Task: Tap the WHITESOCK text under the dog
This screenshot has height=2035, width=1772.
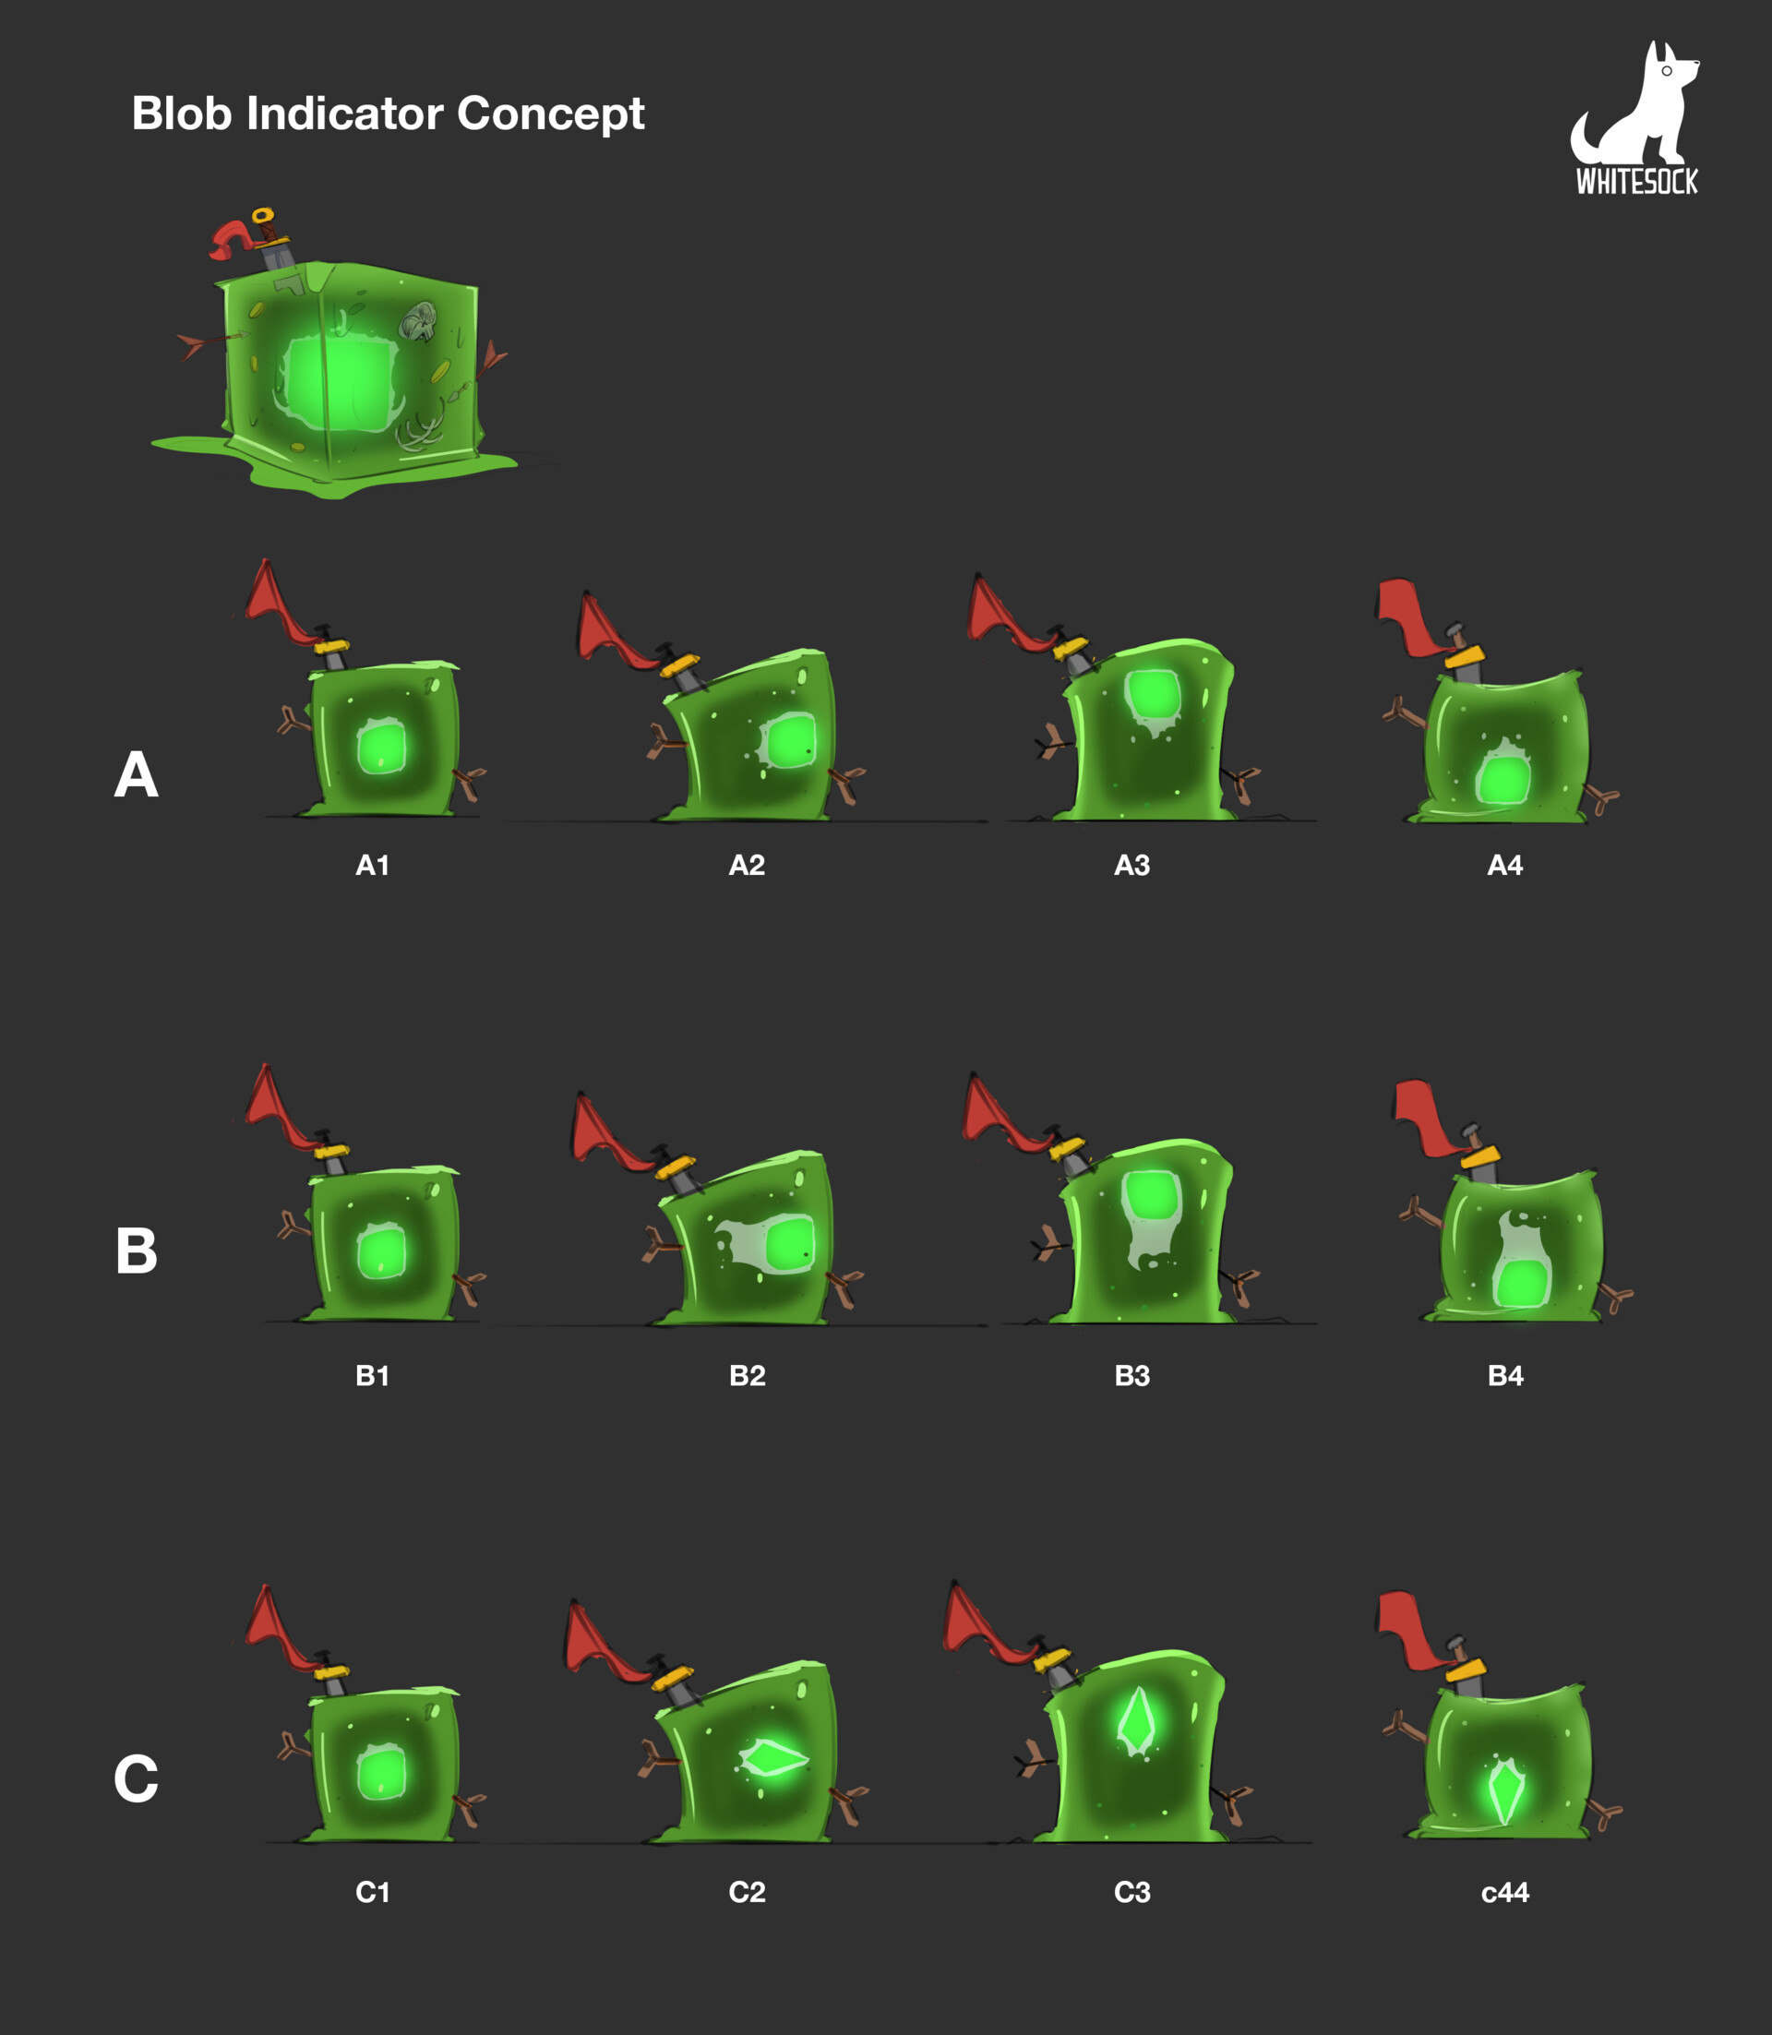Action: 1636,182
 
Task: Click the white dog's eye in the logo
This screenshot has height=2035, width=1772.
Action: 1666,71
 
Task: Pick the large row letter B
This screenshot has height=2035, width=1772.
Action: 137,1250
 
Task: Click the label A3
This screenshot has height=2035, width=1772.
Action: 1132,866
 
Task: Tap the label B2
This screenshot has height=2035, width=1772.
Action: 747,1375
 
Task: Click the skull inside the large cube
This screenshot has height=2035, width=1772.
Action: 419,320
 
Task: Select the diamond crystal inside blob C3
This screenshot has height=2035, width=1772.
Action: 1136,1721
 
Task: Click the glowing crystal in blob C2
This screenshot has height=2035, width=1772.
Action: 773,1758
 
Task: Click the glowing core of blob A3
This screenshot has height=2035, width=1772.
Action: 1152,695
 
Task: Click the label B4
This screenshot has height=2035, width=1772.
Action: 1505,1375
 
